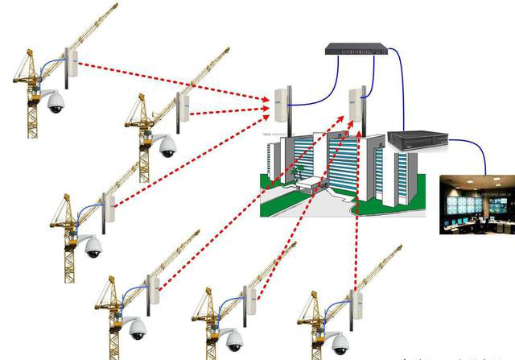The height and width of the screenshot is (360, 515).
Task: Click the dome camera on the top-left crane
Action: point(55,102)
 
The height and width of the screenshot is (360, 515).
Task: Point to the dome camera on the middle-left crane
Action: point(93,246)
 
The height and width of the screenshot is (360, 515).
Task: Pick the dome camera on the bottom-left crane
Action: point(138,328)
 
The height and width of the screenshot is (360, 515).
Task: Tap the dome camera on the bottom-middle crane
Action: point(233,338)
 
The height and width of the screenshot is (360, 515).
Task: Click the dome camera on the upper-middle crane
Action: point(167,147)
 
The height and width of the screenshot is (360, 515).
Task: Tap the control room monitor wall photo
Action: point(477,205)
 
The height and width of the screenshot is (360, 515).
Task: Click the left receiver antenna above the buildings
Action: point(280,105)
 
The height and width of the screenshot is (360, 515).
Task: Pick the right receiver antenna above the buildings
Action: point(356,102)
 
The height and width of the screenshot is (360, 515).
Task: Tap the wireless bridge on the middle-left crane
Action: point(109,208)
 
